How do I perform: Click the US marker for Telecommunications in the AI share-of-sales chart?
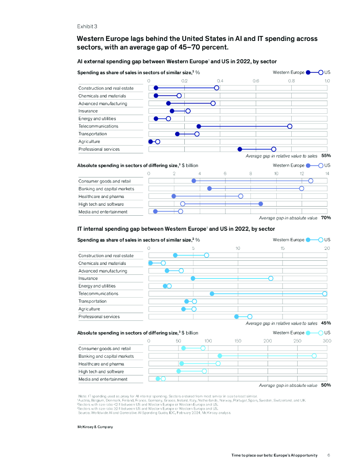pos(289,127)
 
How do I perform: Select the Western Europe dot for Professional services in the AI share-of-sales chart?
pos(240,149)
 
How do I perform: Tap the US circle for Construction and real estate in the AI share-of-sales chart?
pos(217,88)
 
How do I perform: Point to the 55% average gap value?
pos(326,156)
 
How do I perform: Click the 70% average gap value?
pos(326,218)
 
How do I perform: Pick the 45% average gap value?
pos(326,323)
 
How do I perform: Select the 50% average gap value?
pos(326,385)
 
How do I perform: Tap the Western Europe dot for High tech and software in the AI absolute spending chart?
pos(260,204)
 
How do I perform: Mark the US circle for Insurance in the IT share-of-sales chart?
pos(271,279)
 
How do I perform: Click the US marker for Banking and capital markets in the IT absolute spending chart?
pos(314,356)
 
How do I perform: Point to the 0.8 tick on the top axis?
pos(291,81)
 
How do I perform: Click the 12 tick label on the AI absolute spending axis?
pos(301,174)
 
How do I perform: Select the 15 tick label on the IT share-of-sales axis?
pos(283,248)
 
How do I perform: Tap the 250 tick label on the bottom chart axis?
pos(297,341)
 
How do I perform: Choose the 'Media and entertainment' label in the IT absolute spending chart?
pos(103,379)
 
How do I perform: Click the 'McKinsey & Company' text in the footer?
pos(95,427)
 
